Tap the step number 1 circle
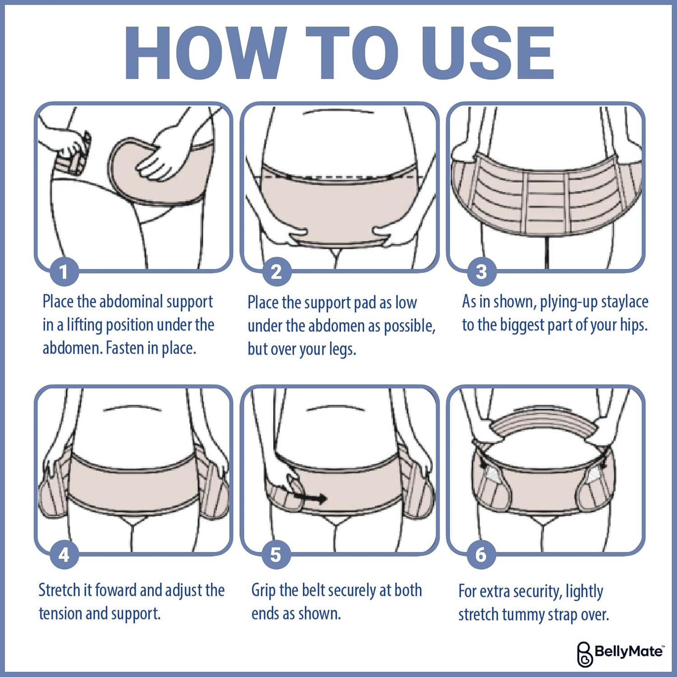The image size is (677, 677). (x=64, y=272)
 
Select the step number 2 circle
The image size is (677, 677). (x=276, y=272)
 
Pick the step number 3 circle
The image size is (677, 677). (x=482, y=272)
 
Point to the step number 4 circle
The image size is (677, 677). (x=64, y=555)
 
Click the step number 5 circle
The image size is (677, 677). (x=276, y=555)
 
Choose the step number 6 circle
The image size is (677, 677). (x=481, y=555)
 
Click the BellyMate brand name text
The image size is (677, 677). (x=628, y=651)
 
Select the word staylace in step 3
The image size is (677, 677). (x=625, y=302)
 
